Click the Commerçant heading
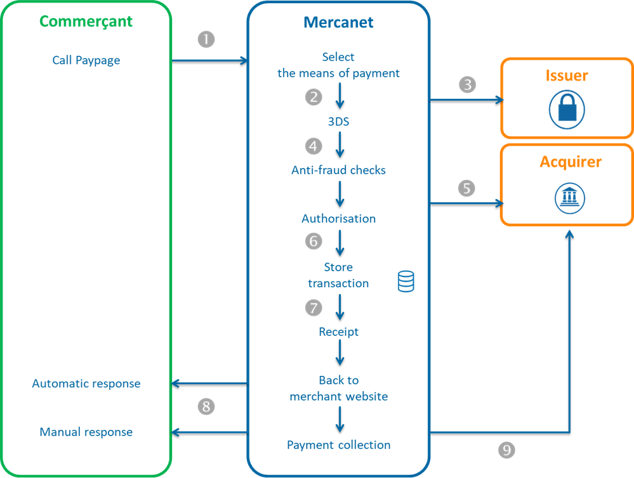86,22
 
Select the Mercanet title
338,22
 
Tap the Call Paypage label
86,60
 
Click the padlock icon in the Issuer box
566,109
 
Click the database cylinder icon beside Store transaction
406,281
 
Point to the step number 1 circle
206,39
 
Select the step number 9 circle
506,450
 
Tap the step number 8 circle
206,406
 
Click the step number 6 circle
313,241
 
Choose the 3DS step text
338,122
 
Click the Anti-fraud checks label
338,170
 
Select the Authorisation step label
338,219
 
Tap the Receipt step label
338,332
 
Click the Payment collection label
338,445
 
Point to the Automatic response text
86,384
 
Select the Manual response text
86,432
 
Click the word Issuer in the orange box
567,75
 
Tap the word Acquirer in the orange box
571,162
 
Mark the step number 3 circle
468,85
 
